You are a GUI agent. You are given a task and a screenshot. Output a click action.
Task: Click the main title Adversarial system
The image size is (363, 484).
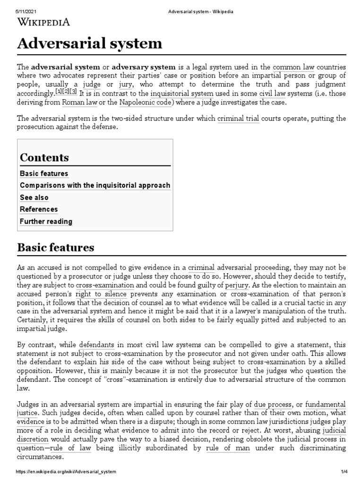point(89,44)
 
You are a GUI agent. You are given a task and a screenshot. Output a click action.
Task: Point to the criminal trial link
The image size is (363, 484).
point(238,118)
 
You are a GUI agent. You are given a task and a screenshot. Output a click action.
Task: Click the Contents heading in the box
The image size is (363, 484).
point(44,157)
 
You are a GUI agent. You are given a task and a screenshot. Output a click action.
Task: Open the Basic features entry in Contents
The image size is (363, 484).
point(44,173)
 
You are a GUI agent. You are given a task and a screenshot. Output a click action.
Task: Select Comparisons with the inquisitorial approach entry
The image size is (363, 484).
point(95,185)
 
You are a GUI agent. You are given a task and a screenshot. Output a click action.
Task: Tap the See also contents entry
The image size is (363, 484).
point(34,198)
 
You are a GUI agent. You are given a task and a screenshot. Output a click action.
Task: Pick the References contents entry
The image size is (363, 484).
point(39,209)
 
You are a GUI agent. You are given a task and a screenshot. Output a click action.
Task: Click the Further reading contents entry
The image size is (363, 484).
point(46,221)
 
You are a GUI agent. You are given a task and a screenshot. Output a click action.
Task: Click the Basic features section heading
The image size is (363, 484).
point(56,248)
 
